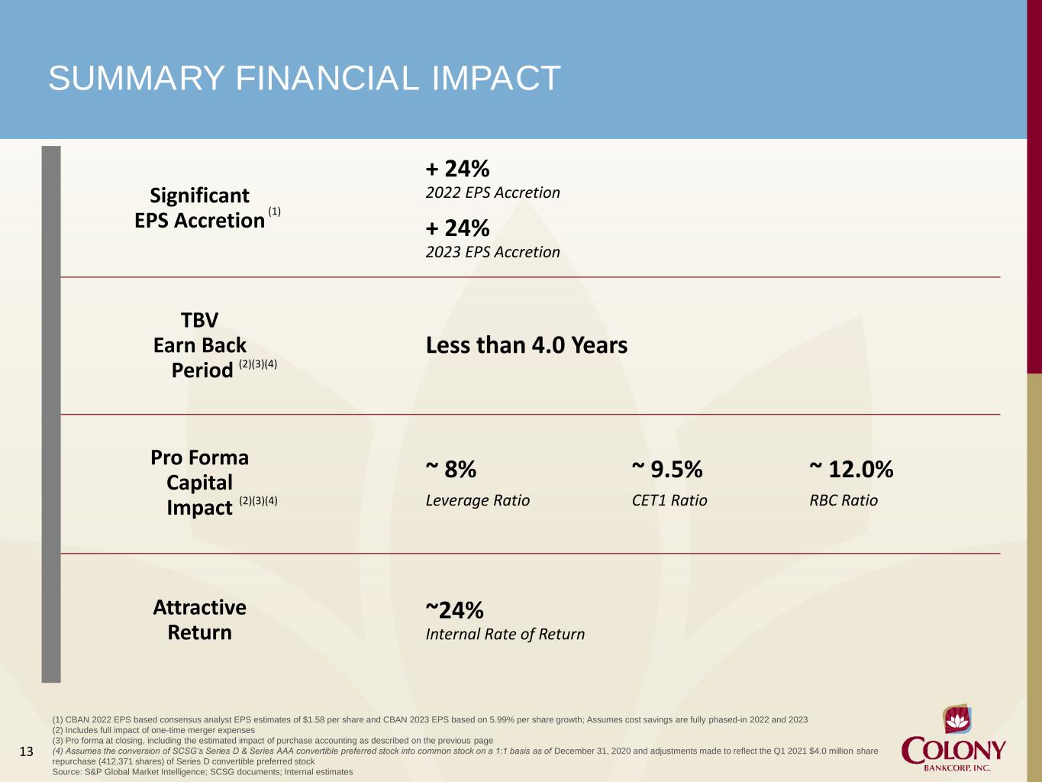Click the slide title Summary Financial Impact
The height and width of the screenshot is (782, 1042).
pyautogui.click(x=305, y=78)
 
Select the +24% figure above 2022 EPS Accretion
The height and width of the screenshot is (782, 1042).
pyautogui.click(x=457, y=169)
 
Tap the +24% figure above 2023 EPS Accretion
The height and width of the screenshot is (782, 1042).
pyautogui.click(x=457, y=228)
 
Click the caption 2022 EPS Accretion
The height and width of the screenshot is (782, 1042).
pyautogui.click(x=492, y=192)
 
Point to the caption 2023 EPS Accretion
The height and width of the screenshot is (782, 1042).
pyautogui.click(x=492, y=252)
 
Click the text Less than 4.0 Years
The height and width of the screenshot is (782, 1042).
pyautogui.click(x=527, y=345)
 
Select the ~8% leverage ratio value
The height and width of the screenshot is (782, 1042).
pyautogui.click(x=451, y=469)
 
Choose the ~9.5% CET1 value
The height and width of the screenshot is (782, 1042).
pyautogui.click(x=667, y=469)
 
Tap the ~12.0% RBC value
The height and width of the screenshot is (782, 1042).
pyautogui.click(x=851, y=469)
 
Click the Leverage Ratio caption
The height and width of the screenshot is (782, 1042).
pyautogui.click(x=478, y=500)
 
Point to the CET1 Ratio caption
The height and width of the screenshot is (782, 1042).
pyautogui.click(x=669, y=500)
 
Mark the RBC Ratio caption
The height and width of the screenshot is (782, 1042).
pyautogui.click(x=844, y=500)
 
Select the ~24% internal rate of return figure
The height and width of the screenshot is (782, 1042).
pyautogui.click(x=454, y=610)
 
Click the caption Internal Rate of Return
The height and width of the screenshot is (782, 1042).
pyautogui.click(x=505, y=635)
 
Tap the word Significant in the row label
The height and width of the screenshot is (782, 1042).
pyautogui.click(x=199, y=195)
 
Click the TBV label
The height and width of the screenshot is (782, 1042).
pyautogui.click(x=200, y=321)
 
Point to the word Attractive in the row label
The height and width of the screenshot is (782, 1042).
pyautogui.click(x=199, y=608)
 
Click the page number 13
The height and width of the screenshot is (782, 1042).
pyautogui.click(x=26, y=751)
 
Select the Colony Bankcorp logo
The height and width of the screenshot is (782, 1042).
pyautogui.click(x=953, y=738)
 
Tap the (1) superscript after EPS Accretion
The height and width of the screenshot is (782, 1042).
pyautogui.click(x=274, y=212)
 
